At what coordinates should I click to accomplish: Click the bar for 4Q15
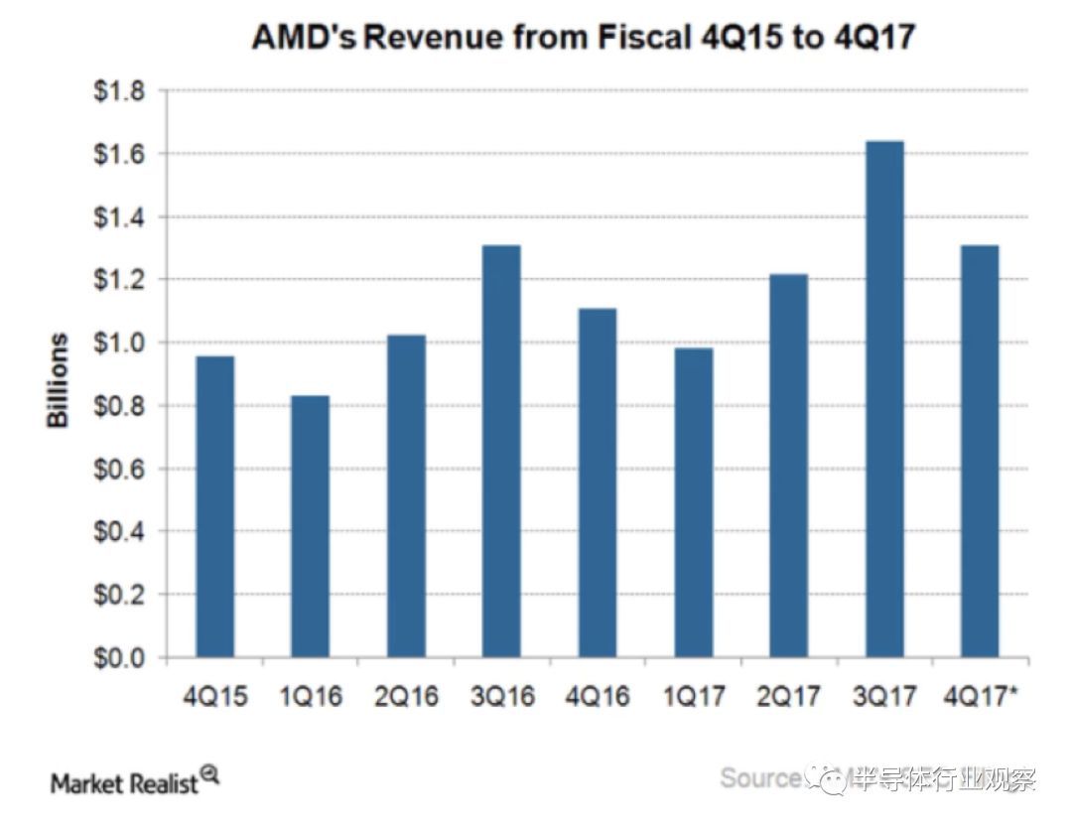(x=214, y=506)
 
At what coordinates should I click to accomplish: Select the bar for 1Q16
(x=310, y=526)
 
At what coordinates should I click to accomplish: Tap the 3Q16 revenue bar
(x=501, y=452)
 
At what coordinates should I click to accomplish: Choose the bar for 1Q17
(x=693, y=502)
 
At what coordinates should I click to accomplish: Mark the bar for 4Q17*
(x=980, y=452)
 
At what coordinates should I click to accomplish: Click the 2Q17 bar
(x=788, y=466)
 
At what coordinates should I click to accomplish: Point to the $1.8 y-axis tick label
(x=118, y=91)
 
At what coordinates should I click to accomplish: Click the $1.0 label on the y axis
(x=118, y=344)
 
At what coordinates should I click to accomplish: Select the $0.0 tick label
(x=118, y=658)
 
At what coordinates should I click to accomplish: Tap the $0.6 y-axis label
(x=118, y=470)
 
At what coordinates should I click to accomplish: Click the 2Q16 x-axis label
(x=407, y=696)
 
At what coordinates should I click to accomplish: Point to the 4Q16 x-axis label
(x=599, y=696)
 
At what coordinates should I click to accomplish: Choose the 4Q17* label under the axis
(x=984, y=696)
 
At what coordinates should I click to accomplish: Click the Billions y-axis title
(x=60, y=380)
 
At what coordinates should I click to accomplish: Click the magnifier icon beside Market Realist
(x=209, y=773)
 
